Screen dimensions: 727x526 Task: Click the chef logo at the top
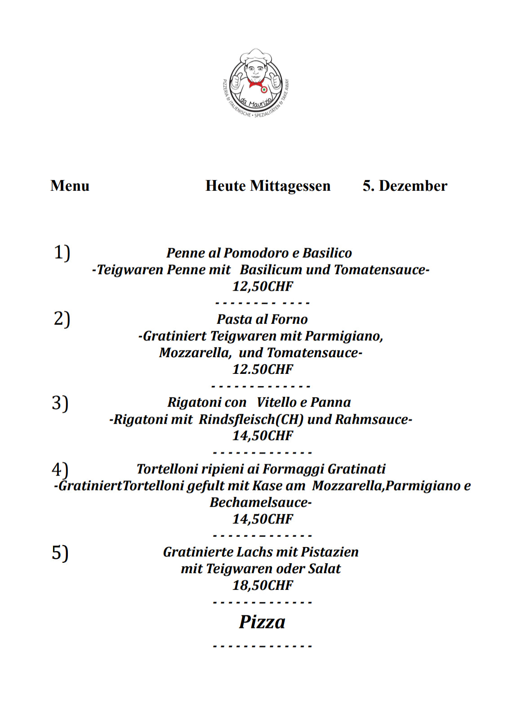click(x=256, y=83)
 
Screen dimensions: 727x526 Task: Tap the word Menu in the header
click(x=70, y=186)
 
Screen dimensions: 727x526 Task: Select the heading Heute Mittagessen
click(x=268, y=186)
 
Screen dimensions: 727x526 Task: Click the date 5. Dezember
click(x=405, y=186)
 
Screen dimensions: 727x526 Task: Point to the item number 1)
click(x=62, y=252)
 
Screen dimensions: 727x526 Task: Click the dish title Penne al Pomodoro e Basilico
click(x=259, y=253)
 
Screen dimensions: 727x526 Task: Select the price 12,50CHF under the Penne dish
click(x=263, y=286)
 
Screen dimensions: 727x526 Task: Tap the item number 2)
click(x=62, y=319)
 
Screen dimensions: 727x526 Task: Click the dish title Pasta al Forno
click(x=262, y=319)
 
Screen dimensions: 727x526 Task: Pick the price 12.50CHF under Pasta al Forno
click(x=263, y=369)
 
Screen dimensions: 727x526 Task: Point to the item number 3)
click(x=60, y=403)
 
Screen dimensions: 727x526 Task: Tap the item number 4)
click(x=60, y=469)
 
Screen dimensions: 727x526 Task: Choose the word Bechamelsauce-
click(x=260, y=502)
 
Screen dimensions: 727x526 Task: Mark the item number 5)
click(x=60, y=552)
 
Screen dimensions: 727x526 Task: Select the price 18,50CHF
click(x=263, y=585)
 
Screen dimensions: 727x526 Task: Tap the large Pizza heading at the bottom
click(x=262, y=622)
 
